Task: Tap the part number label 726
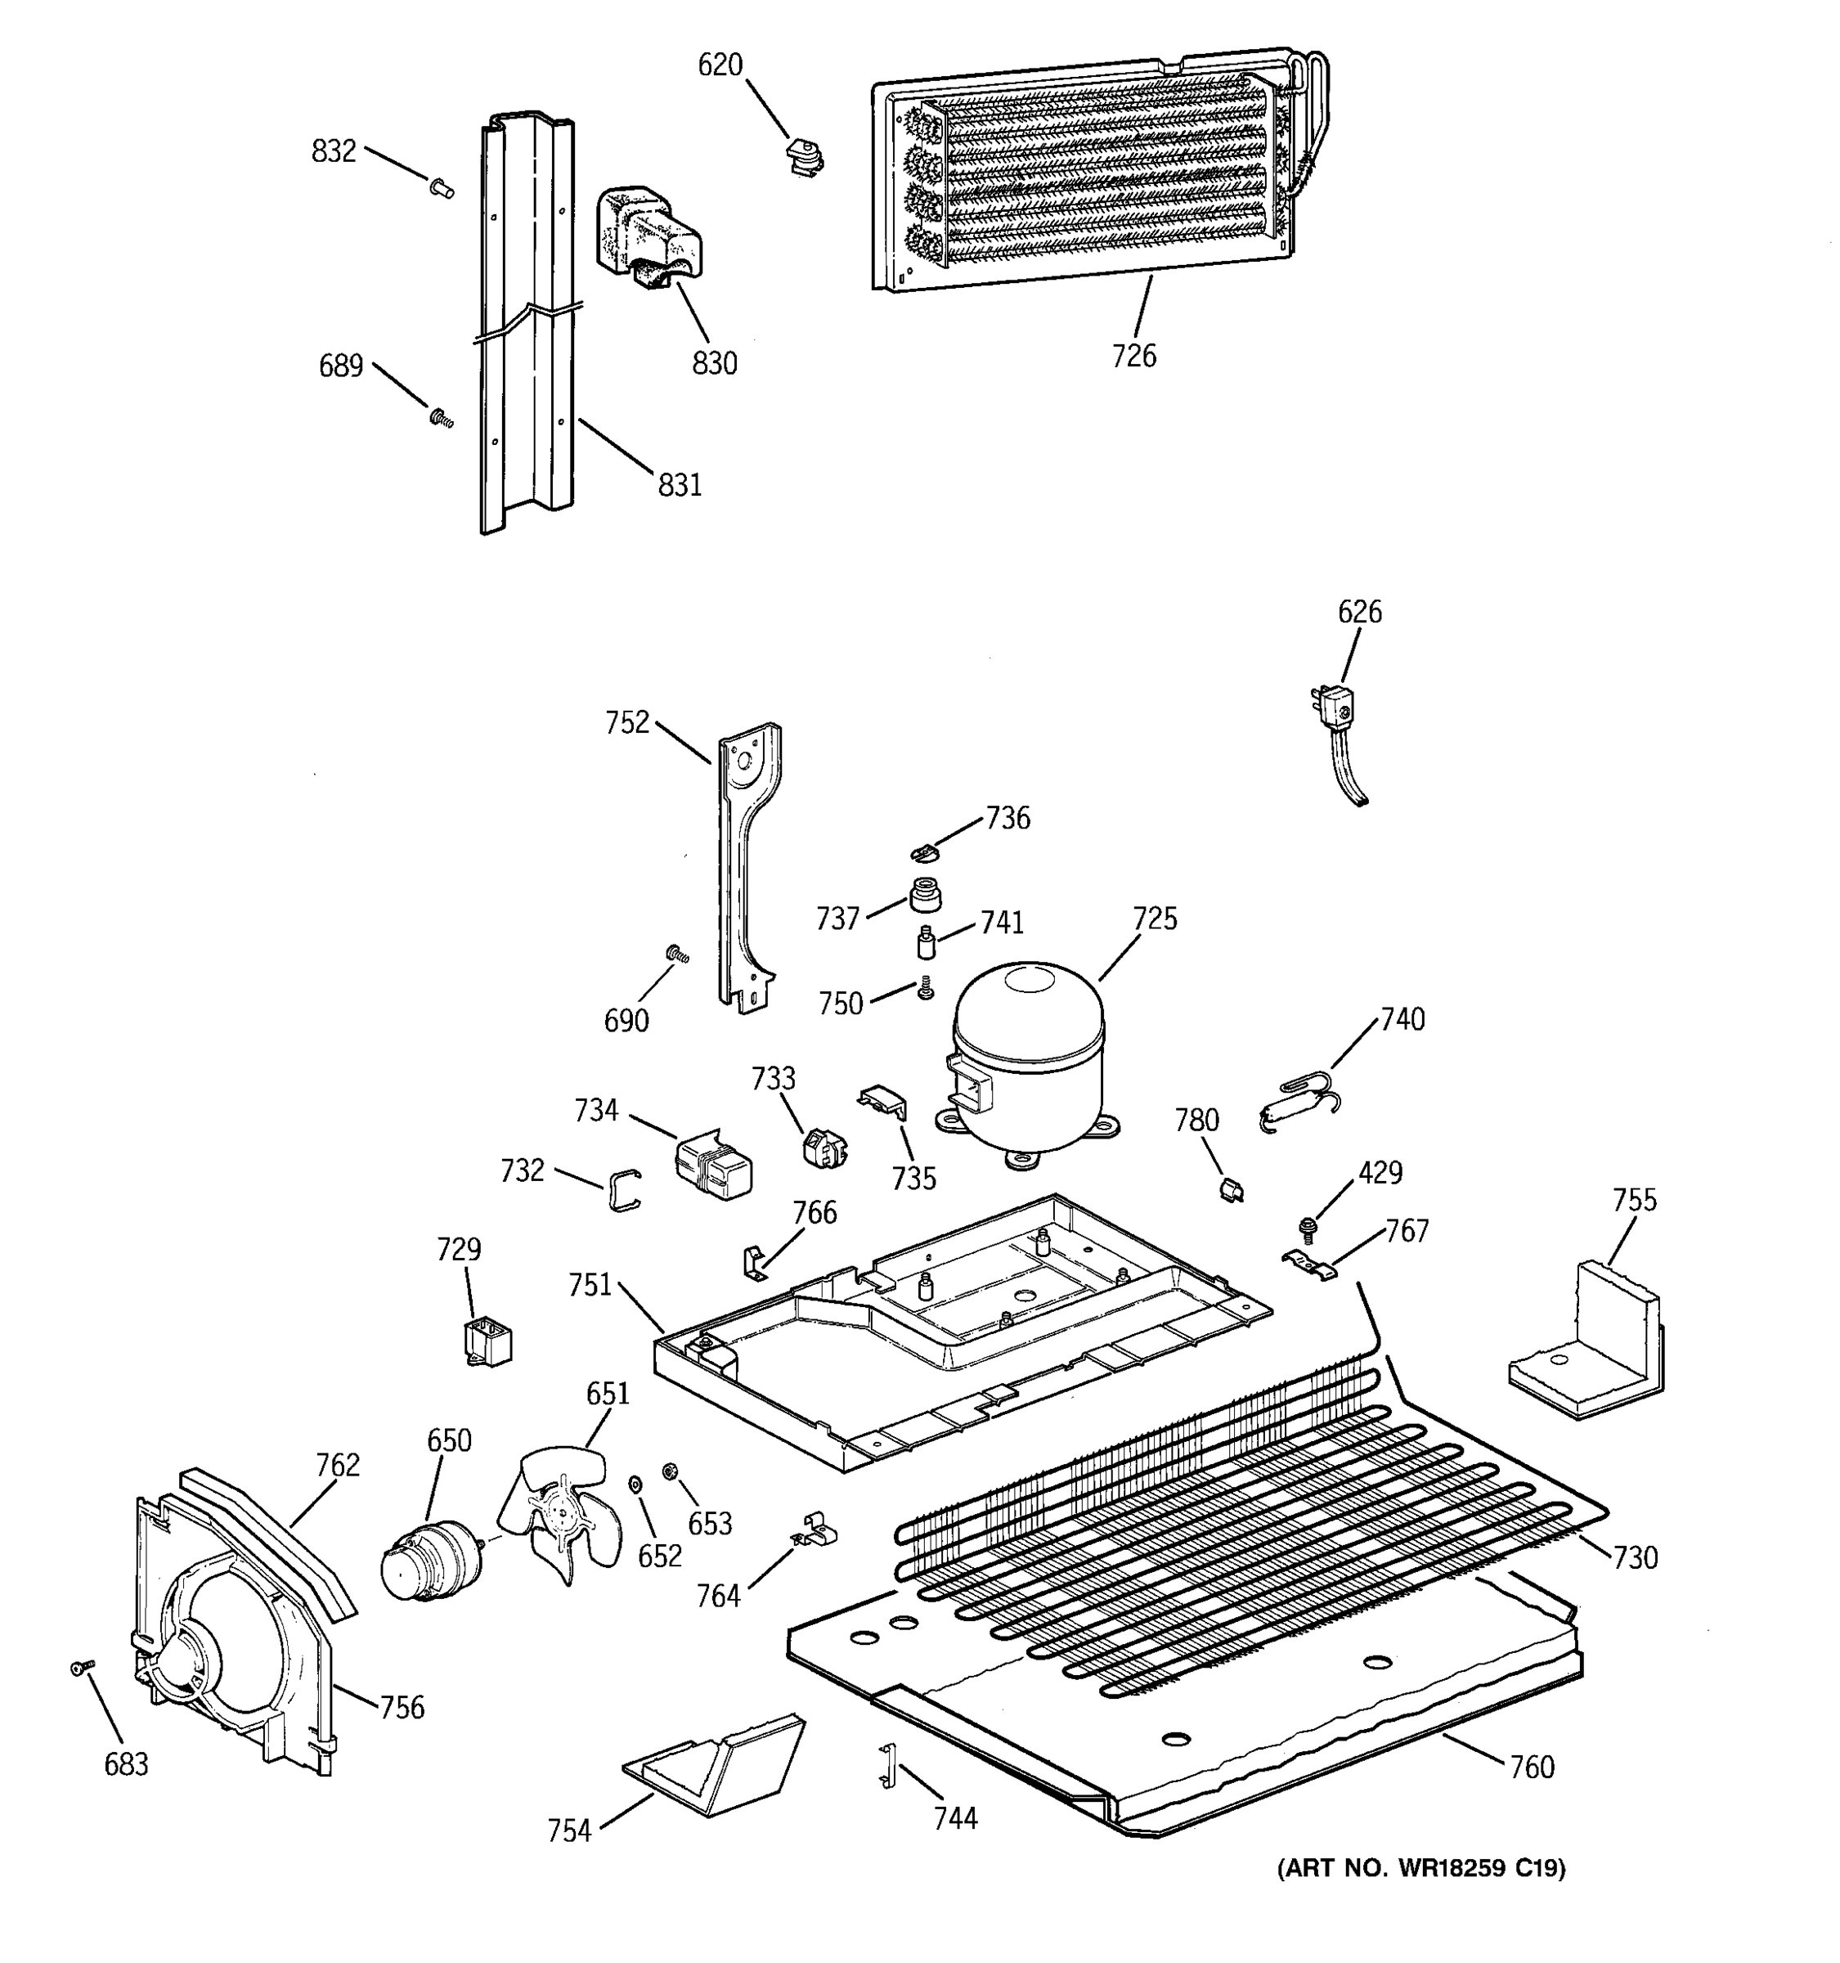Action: (x=1133, y=357)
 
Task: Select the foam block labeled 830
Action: (x=647, y=237)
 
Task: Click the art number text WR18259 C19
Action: (x=1421, y=1867)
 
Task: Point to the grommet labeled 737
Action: (x=924, y=896)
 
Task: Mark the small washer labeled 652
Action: (x=635, y=1484)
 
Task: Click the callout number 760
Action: (x=1532, y=1767)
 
